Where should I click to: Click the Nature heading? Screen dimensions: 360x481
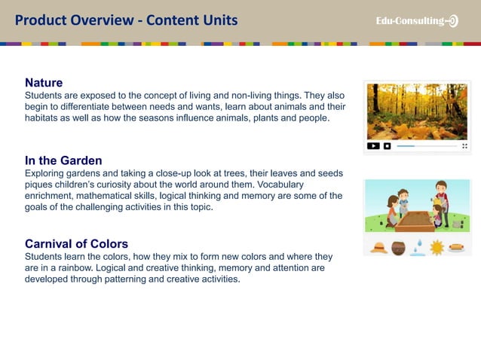point(44,82)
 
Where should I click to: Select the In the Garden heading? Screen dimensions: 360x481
point(63,160)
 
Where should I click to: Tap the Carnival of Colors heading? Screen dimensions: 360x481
point(76,244)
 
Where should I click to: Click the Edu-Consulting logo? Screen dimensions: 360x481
point(417,21)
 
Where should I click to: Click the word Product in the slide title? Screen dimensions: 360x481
point(41,20)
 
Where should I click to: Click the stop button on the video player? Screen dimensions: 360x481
point(387,145)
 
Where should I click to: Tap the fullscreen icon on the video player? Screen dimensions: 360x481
point(464,145)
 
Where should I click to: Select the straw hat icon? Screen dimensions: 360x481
point(378,248)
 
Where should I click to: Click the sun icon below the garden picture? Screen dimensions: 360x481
point(437,248)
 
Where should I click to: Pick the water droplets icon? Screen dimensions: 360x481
point(417,248)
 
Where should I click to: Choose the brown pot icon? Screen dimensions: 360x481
point(398,248)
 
